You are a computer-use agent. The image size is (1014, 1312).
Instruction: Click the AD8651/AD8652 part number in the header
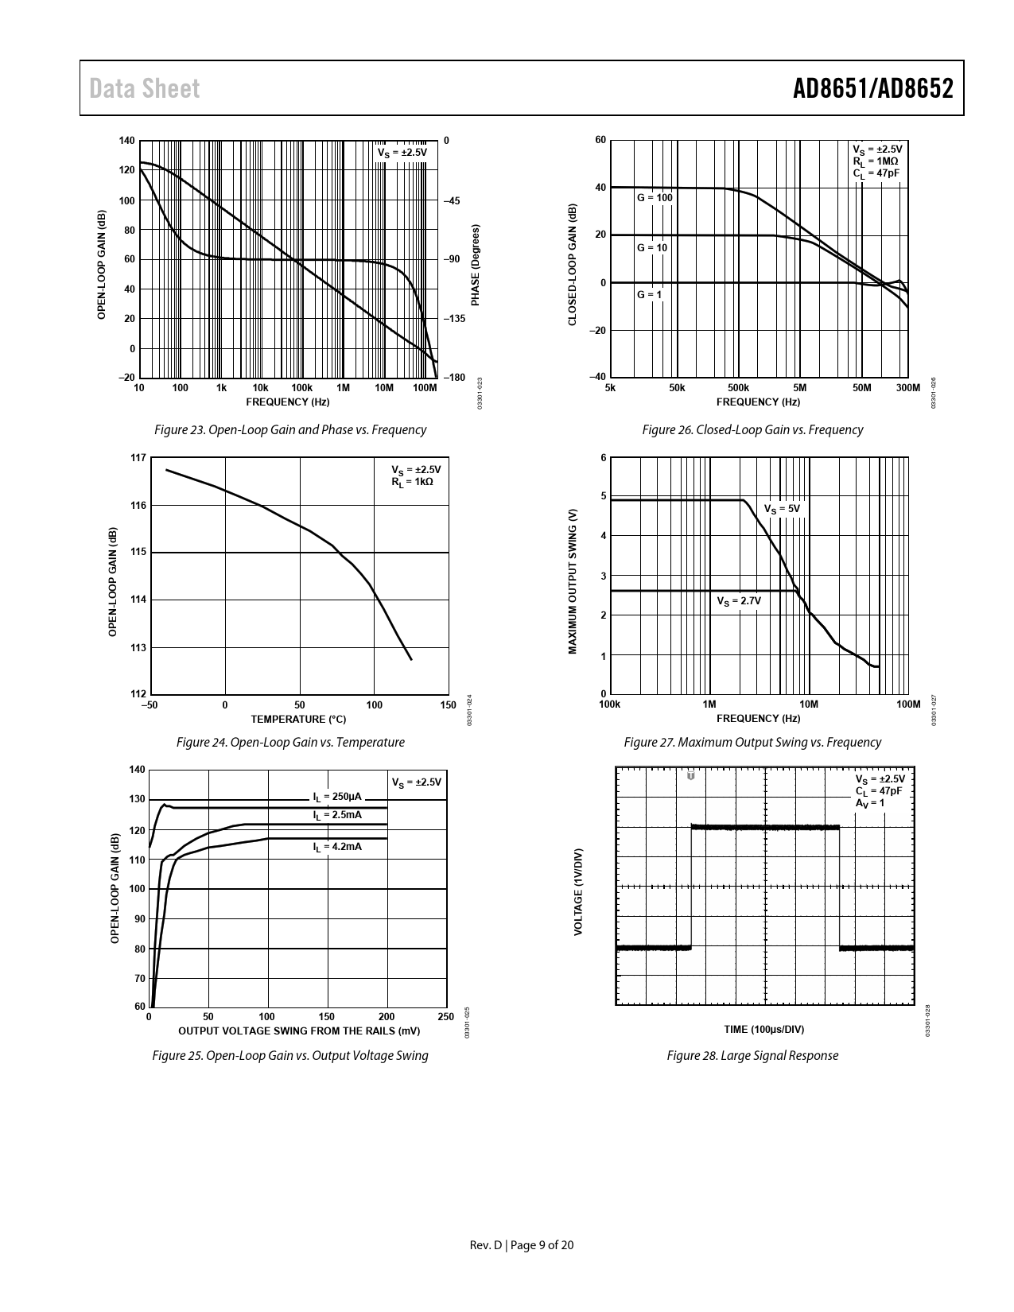[x=872, y=89]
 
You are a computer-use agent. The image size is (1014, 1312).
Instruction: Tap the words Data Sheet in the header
[x=144, y=89]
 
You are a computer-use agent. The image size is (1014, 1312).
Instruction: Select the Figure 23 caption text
[x=290, y=430]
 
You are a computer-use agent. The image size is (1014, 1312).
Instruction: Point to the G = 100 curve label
[x=655, y=197]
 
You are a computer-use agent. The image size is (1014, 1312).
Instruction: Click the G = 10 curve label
[x=652, y=247]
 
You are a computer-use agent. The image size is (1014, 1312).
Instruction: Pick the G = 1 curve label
[x=650, y=295]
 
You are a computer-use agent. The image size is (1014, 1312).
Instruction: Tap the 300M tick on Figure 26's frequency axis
[x=907, y=387]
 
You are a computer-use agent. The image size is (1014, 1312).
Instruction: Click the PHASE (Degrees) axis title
[x=476, y=265]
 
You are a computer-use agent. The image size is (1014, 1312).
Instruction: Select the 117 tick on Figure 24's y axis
[x=138, y=458]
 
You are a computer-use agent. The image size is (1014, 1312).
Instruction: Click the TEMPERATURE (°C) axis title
[x=298, y=719]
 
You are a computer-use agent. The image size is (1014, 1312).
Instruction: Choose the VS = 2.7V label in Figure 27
[x=739, y=601]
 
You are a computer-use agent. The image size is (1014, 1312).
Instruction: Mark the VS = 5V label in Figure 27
[x=782, y=509]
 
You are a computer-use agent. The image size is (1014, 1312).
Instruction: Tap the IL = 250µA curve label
[x=337, y=797]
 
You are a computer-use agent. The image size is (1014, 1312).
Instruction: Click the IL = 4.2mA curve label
[x=337, y=847]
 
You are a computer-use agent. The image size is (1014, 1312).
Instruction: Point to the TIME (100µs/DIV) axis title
[x=764, y=1030]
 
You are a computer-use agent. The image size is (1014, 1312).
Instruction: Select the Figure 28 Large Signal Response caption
[x=752, y=1055]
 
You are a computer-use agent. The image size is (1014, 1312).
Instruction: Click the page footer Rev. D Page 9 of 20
[x=522, y=1245]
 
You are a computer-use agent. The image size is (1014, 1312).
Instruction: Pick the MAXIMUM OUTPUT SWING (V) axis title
[x=573, y=581]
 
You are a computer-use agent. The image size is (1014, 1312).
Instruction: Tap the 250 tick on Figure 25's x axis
[x=445, y=1017]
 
